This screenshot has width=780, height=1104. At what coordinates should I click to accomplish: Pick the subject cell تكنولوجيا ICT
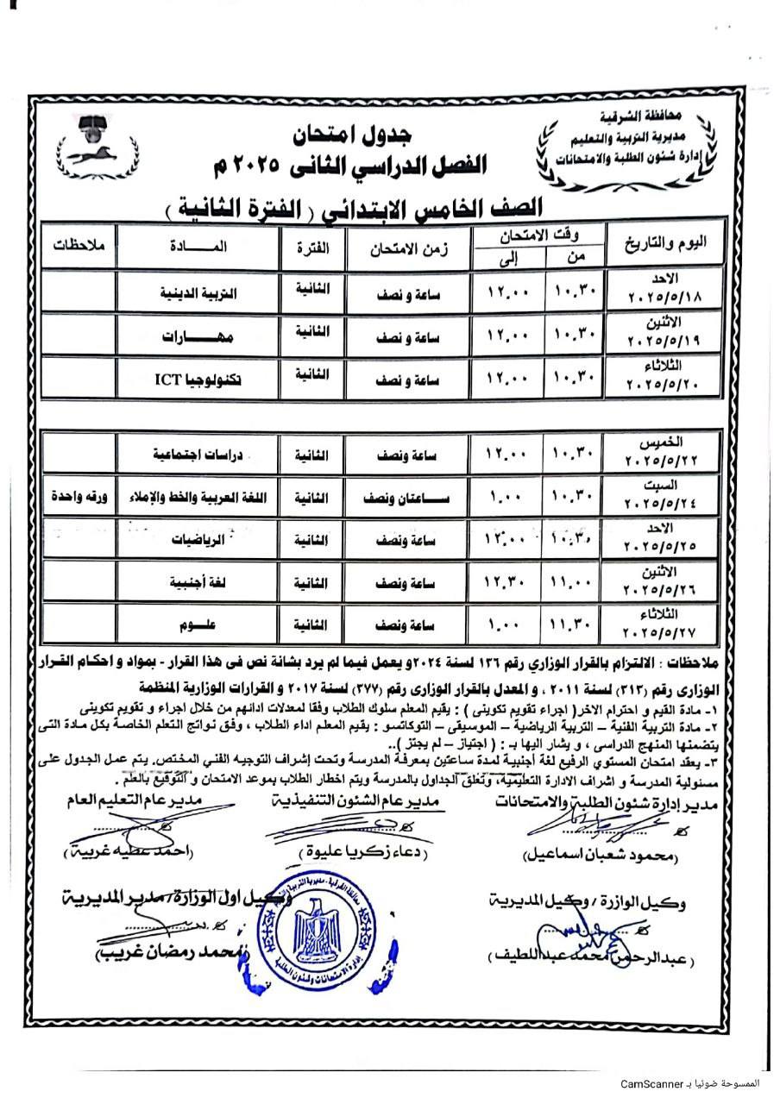[x=197, y=377]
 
